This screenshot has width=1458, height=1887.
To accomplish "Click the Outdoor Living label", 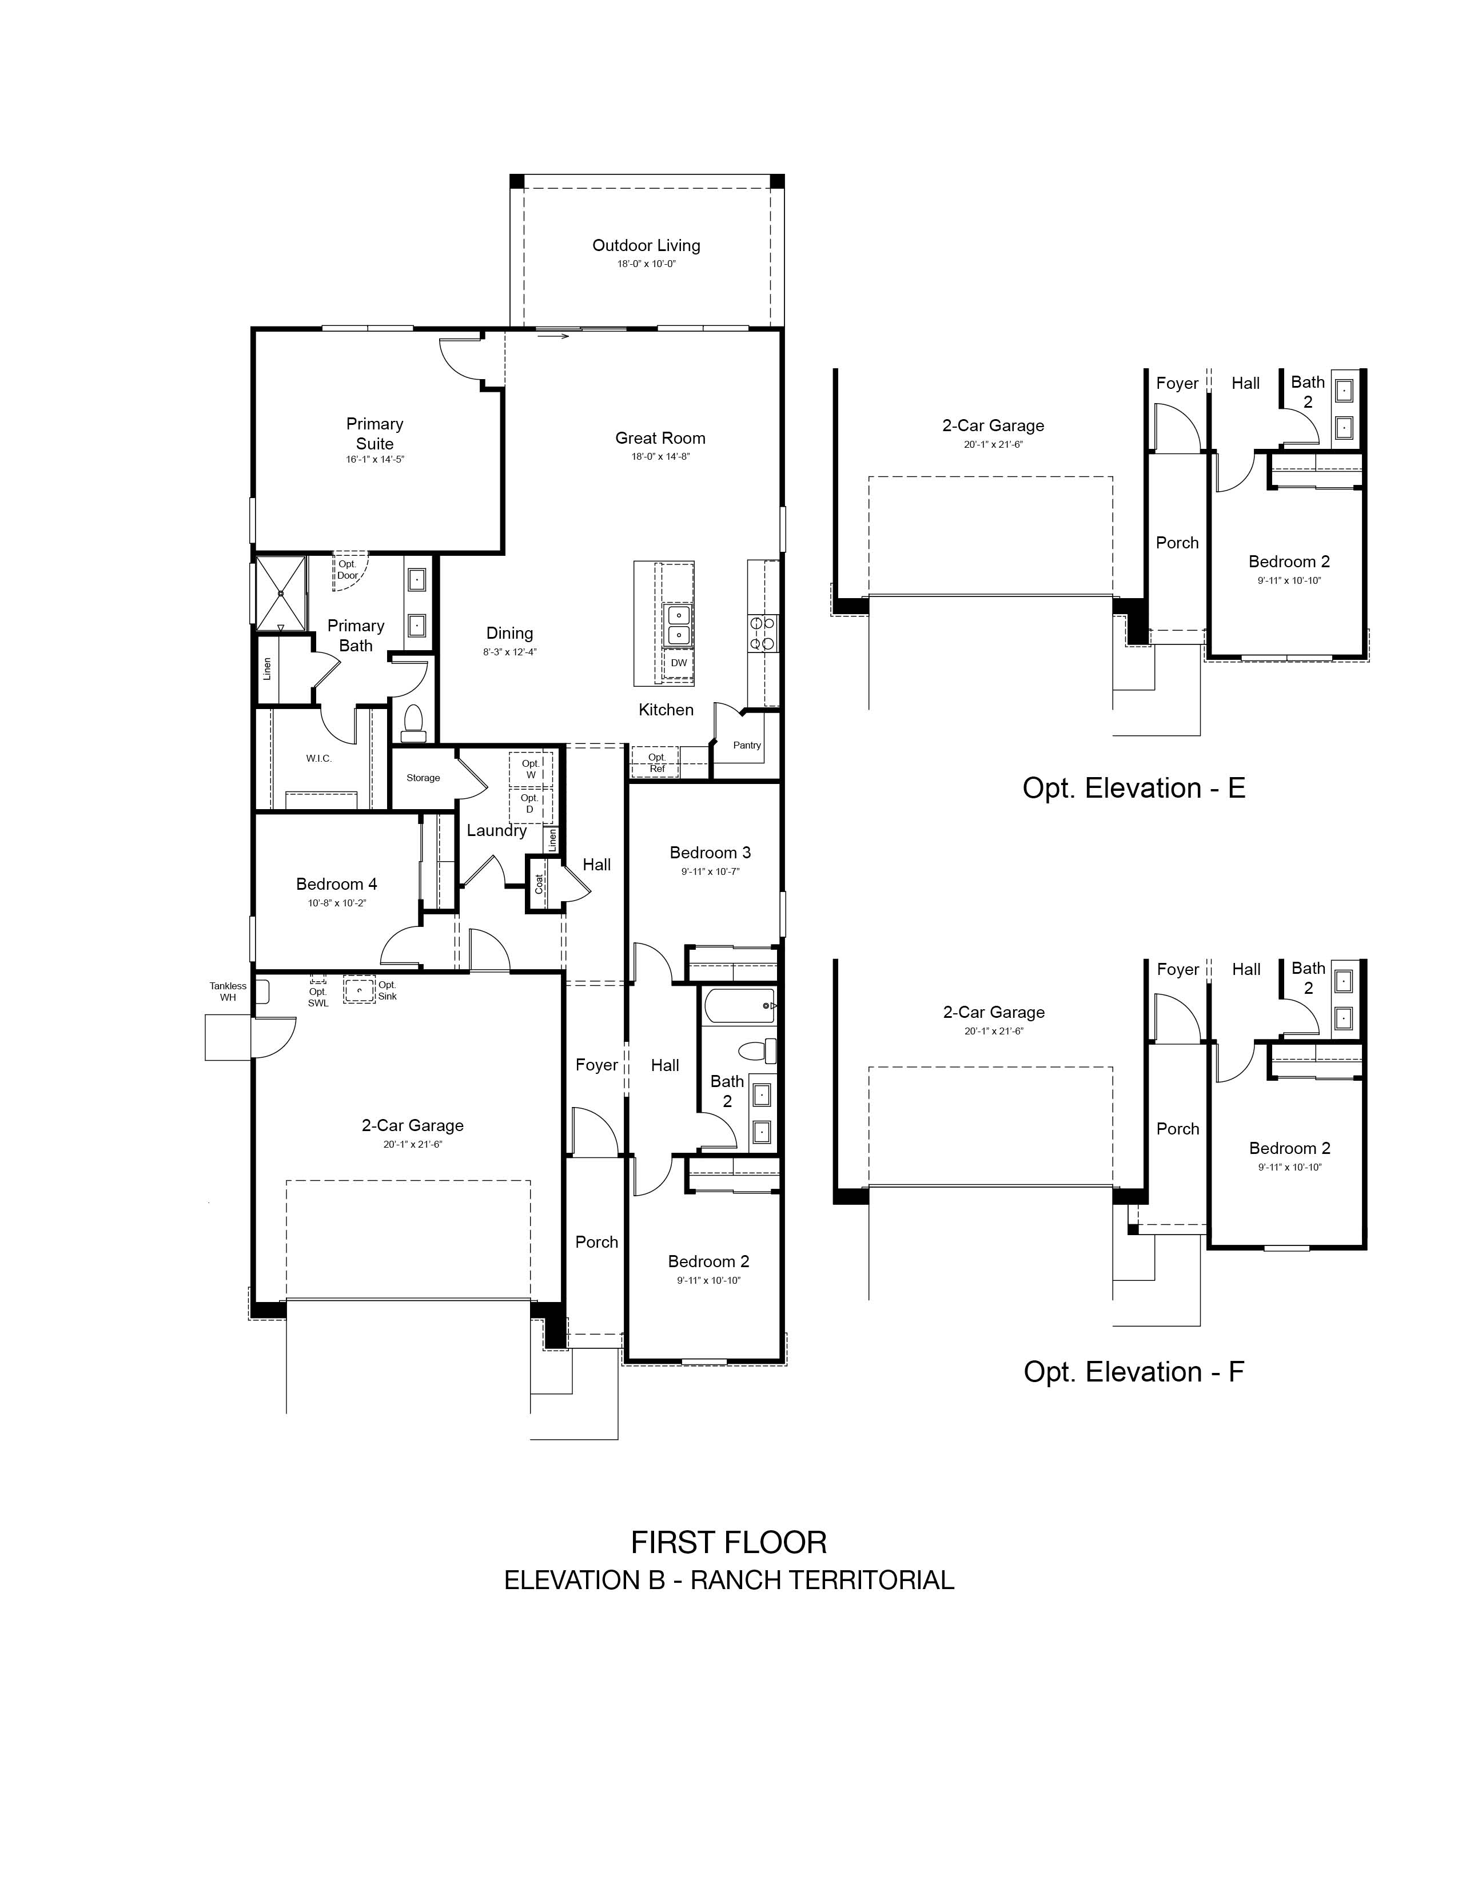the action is pyautogui.click(x=646, y=245).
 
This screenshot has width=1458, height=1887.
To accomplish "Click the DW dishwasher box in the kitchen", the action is pyautogui.click(x=679, y=663).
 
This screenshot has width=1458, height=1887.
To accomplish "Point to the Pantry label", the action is pyautogui.click(x=747, y=745).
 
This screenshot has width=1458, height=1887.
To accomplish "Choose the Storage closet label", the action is pyautogui.click(x=423, y=778).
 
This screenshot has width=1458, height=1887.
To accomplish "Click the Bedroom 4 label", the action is pyautogui.click(x=336, y=884).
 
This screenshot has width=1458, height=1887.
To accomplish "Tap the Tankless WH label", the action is pyautogui.click(x=228, y=991).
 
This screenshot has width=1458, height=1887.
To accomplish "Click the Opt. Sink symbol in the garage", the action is pyautogui.click(x=359, y=989).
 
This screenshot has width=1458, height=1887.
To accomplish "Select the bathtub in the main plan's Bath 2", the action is pyautogui.click(x=739, y=1006).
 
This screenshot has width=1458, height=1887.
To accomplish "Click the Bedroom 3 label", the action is pyautogui.click(x=710, y=853).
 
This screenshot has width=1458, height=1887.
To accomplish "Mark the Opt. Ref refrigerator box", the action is pyautogui.click(x=656, y=762).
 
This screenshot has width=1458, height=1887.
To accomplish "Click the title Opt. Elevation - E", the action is pyautogui.click(x=1134, y=788).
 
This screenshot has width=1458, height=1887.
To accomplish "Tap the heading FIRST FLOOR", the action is pyautogui.click(x=729, y=1542).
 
